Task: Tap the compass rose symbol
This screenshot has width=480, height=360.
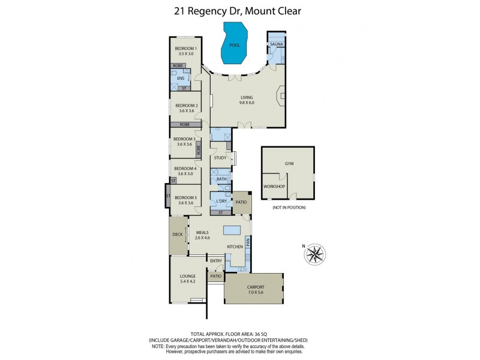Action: coord(314,254)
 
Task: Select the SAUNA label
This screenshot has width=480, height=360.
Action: coord(276,44)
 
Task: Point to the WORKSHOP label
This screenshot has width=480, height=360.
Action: coord(274,187)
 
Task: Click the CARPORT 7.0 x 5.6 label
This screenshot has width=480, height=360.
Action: coord(255,290)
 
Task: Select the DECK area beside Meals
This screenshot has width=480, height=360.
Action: coord(178,235)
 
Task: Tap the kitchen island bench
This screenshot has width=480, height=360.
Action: coord(232,230)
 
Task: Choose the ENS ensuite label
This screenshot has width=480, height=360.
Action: coord(180,78)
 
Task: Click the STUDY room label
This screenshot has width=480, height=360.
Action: coord(220,158)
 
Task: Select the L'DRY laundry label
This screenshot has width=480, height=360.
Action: coord(220,201)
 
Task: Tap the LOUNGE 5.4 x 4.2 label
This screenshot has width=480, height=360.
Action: coord(188,278)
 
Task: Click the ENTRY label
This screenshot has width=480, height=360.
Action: coord(216,260)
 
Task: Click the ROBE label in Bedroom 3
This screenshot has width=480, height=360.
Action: coord(198,149)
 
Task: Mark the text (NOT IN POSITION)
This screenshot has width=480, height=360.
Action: coord(289,207)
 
